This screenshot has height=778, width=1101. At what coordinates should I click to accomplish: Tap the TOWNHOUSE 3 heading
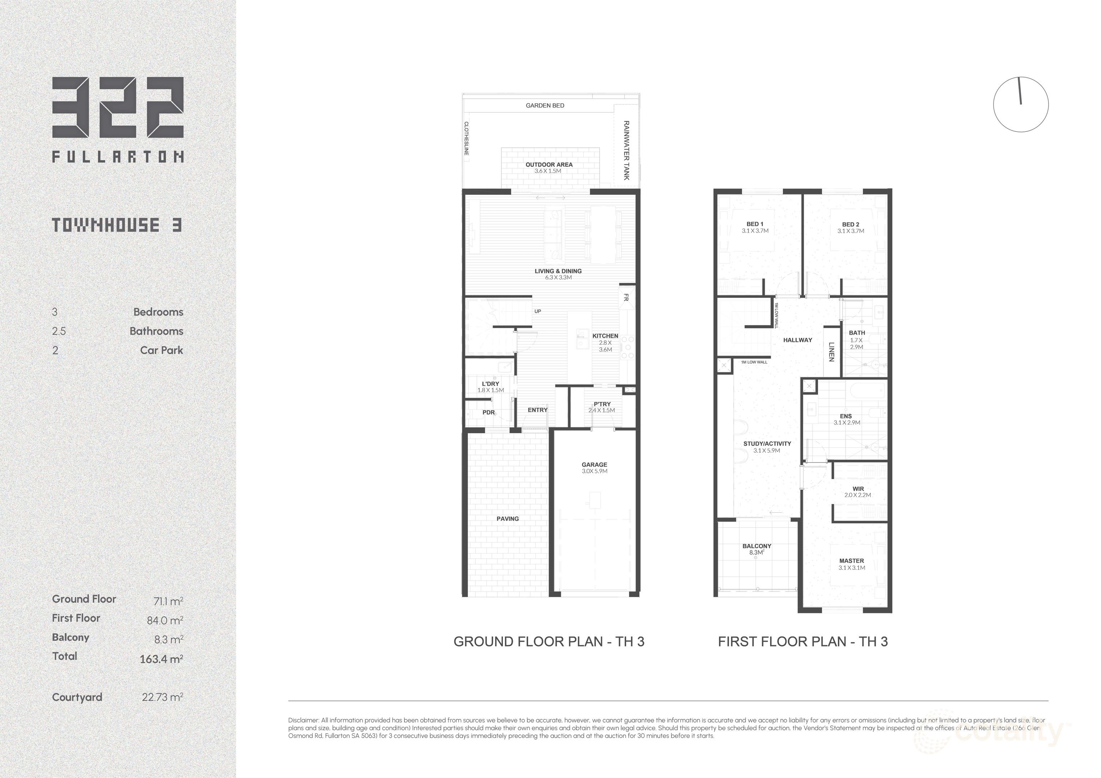pos(117,225)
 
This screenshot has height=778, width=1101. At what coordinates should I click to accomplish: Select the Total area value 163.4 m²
pos(161,659)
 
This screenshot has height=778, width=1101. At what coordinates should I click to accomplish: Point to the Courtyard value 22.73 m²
pos(162,697)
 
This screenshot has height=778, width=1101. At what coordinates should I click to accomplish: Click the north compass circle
pos(1021,104)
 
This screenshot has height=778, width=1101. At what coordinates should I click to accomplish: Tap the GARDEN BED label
pos(545,106)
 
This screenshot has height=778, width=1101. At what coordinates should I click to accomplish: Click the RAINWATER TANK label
pos(626,151)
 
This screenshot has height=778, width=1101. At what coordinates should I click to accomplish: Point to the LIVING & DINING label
pos(558,271)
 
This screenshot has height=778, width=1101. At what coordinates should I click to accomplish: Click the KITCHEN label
pos(605,336)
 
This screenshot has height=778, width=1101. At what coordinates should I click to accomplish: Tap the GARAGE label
pos(594,465)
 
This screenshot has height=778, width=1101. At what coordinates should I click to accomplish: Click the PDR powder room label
pos(488,412)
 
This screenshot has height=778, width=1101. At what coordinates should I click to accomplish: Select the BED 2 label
pos(851,224)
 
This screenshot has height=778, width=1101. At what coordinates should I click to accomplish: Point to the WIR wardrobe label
pos(858,489)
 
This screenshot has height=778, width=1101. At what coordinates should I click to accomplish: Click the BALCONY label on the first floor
pos(757,546)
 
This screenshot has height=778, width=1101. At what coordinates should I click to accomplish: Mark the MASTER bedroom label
pos(852,561)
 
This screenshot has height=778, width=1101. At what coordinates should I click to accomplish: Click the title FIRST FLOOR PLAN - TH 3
pos(803,641)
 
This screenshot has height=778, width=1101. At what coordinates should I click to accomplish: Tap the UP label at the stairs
pos(538,312)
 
